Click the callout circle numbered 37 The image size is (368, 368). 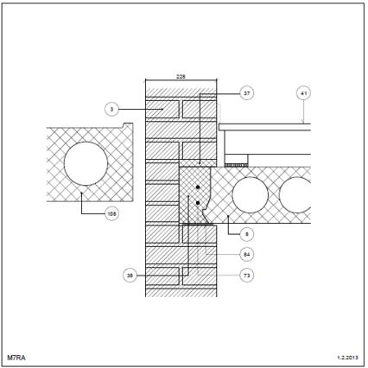pos(247,93)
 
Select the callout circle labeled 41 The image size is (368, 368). pos(304,93)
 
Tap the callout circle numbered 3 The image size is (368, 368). pos(111,110)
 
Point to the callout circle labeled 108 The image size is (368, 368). pos(111,213)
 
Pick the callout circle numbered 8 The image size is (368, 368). pos(247,234)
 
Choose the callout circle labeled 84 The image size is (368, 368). pos(247,255)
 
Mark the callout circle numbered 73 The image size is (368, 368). pos(247,276)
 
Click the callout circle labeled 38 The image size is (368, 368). pos(130,276)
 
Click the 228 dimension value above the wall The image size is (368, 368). pos(181,77)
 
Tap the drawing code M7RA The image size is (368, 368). pos(16,358)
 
